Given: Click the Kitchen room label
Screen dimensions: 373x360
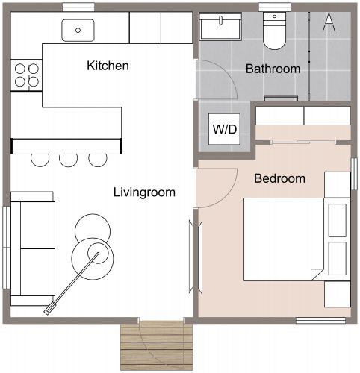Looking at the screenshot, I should pyautogui.click(x=108, y=66).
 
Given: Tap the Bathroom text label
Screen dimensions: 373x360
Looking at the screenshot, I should pyautogui.click(x=273, y=69).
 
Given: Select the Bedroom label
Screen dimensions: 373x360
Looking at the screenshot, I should pyautogui.click(x=279, y=178).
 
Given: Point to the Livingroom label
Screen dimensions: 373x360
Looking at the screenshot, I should pyautogui.click(x=143, y=192).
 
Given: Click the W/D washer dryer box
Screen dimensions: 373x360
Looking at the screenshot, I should pyautogui.click(x=224, y=129).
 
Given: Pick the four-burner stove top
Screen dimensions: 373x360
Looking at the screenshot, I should pyautogui.click(x=27, y=75).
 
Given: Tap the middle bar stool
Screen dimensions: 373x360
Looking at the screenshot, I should pyautogui.click(x=69, y=158).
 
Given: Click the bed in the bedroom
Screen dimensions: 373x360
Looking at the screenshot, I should pyautogui.click(x=288, y=238).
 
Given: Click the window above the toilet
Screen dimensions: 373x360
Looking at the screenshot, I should pyautogui.click(x=274, y=7).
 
